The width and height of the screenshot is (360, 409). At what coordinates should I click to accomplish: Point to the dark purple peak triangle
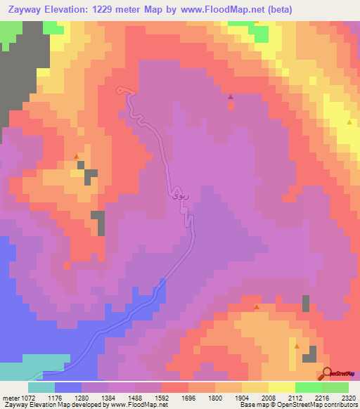click(x=230, y=97)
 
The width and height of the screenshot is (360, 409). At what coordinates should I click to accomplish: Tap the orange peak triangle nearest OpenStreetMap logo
click(x=297, y=346)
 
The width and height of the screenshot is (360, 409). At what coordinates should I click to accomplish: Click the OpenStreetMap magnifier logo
click(x=326, y=373)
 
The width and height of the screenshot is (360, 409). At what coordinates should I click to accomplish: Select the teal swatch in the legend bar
click(x=41, y=387)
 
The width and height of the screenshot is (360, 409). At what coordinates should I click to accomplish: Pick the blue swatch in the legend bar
click(x=67, y=387)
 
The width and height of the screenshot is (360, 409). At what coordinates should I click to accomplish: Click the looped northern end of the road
click(x=124, y=89)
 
